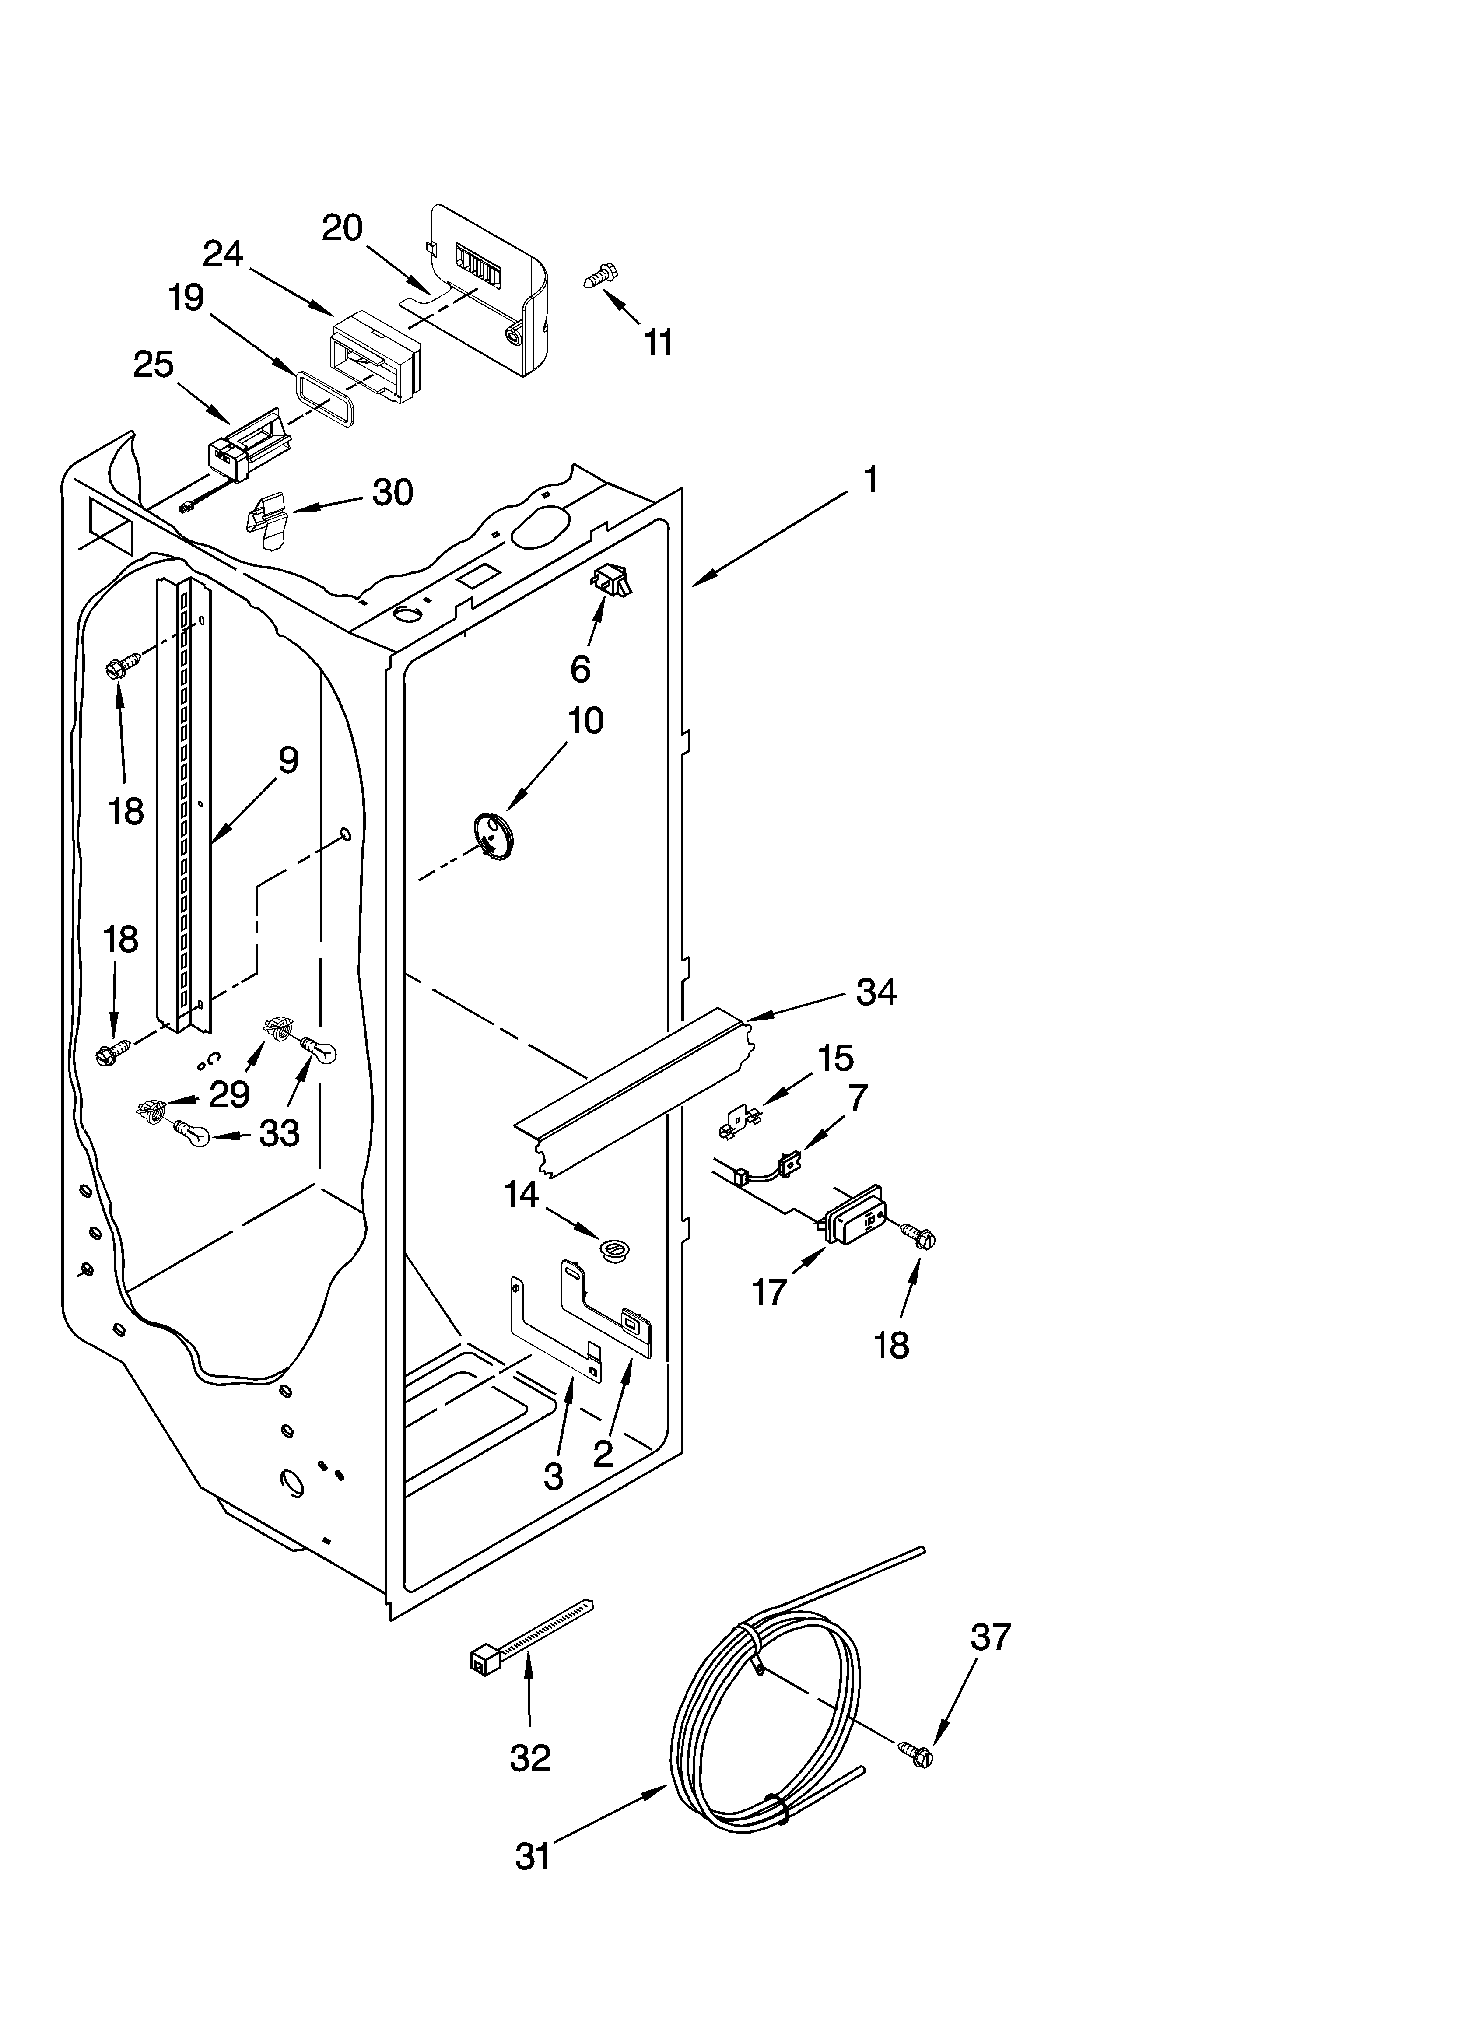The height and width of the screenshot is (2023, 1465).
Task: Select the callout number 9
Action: pyautogui.click(x=287, y=760)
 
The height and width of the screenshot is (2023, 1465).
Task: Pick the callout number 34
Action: pyautogui.click(x=875, y=992)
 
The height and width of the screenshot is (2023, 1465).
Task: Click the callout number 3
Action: pyautogui.click(x=553, y=1476)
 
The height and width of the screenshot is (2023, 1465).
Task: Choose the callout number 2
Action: pyautogui.click(x=603, y=1454)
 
